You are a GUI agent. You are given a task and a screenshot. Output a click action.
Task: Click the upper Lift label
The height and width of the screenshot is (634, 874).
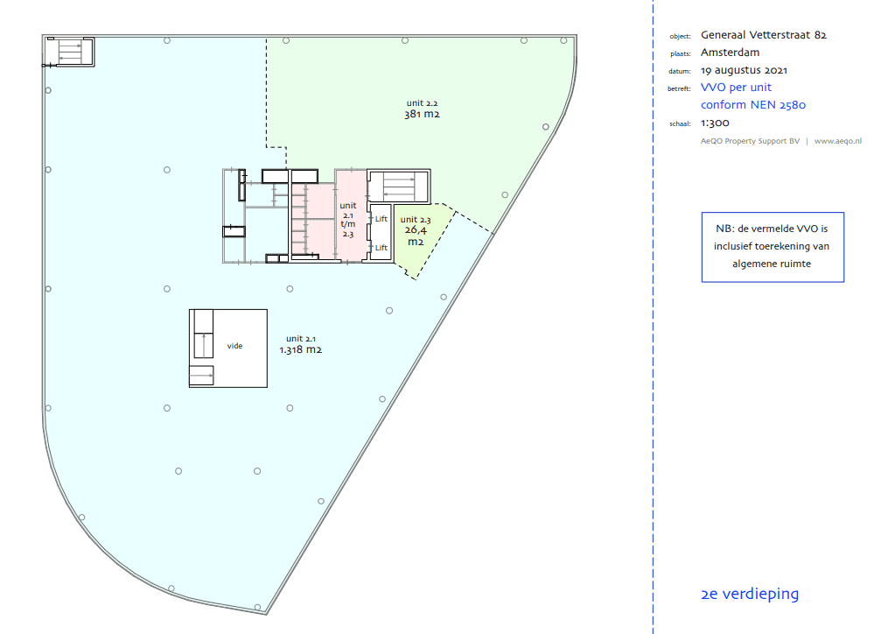point(381,219)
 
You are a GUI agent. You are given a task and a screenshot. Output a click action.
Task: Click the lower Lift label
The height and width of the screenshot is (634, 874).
point(381,248)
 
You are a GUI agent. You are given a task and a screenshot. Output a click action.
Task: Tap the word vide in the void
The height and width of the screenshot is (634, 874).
point(234,346)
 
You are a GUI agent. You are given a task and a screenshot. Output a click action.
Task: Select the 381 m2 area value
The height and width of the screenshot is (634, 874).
point(422,114)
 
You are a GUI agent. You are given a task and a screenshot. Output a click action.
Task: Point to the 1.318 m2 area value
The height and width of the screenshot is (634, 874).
point(300,350)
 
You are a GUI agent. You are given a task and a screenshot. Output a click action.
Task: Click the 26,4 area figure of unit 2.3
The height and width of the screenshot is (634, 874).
point(416,230)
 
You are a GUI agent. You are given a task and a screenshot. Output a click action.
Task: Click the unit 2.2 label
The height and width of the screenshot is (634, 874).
point(422,103)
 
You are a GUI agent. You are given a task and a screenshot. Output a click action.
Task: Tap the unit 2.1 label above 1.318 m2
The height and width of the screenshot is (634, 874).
point(301,339)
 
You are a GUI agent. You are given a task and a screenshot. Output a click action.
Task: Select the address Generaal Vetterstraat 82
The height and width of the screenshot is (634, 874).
point(764,35)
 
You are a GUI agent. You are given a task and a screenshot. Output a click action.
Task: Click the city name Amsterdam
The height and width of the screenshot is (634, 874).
point(731,53)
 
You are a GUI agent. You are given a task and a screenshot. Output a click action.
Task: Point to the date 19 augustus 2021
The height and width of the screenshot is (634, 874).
point(745,70)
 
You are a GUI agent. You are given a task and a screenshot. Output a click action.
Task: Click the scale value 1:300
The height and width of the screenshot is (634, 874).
point(715,123)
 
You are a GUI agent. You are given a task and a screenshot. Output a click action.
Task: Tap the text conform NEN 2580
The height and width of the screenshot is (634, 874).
point(753,105)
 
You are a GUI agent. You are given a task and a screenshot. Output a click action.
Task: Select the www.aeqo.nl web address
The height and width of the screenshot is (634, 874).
point(838,141)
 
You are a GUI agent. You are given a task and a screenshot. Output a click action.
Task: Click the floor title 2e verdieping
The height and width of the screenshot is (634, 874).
point(750,594)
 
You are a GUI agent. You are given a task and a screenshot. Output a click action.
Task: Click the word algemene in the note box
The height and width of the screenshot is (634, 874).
point(752,264)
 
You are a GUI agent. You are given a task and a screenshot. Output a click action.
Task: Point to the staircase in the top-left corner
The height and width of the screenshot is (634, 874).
point(70,52)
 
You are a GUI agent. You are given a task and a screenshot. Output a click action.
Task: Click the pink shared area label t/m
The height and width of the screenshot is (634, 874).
point(348,224)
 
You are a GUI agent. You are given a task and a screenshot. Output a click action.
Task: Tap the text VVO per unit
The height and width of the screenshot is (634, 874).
point(737,88)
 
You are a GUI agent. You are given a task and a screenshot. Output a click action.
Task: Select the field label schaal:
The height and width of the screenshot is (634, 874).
point(680,123)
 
